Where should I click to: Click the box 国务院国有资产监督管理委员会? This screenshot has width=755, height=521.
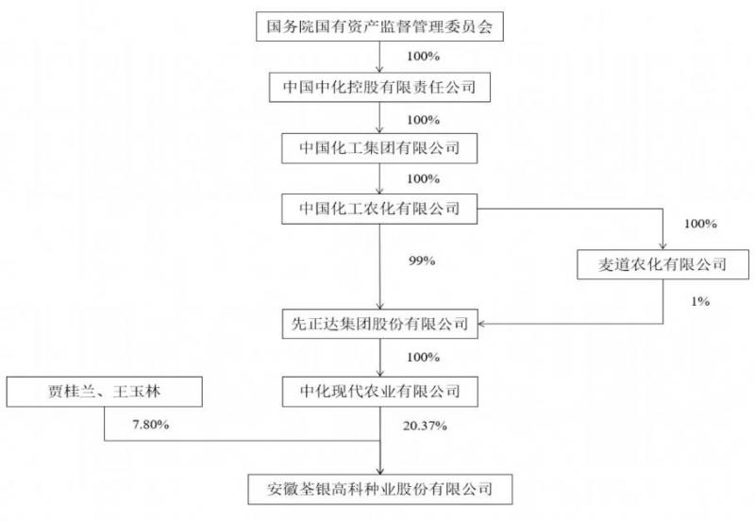(379, 26)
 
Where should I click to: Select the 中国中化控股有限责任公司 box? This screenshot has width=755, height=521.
(379, 87)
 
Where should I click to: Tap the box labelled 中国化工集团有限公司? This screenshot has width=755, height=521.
(379, 148)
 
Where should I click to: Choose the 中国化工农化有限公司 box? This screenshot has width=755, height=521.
(379, 209)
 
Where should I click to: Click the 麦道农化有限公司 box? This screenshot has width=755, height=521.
(663, 264)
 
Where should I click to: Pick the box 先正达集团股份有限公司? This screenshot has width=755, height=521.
(380, 324)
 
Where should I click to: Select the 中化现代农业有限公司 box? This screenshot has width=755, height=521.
(380, 392)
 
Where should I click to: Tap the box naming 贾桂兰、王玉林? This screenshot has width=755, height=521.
(104, 392)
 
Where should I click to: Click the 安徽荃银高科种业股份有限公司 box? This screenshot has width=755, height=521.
(380, 490)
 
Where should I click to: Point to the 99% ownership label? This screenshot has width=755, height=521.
(422, 261)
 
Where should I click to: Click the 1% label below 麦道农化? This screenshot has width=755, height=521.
(700, 301)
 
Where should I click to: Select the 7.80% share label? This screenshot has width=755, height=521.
(151, 425)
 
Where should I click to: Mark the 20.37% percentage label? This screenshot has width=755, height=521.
(425, 426)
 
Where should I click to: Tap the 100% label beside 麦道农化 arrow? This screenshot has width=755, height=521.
(700, 224)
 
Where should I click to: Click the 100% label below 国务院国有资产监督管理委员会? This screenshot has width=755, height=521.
(423, 57)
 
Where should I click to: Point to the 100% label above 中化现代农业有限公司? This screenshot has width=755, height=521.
(423, 358)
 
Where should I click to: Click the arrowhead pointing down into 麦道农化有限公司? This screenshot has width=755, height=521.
(663, 245)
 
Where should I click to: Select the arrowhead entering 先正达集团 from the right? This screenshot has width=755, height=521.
(482, 324)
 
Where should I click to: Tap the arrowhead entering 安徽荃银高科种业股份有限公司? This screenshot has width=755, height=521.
(380, 471)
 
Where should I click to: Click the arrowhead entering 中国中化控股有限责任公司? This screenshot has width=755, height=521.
(379, 69)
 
